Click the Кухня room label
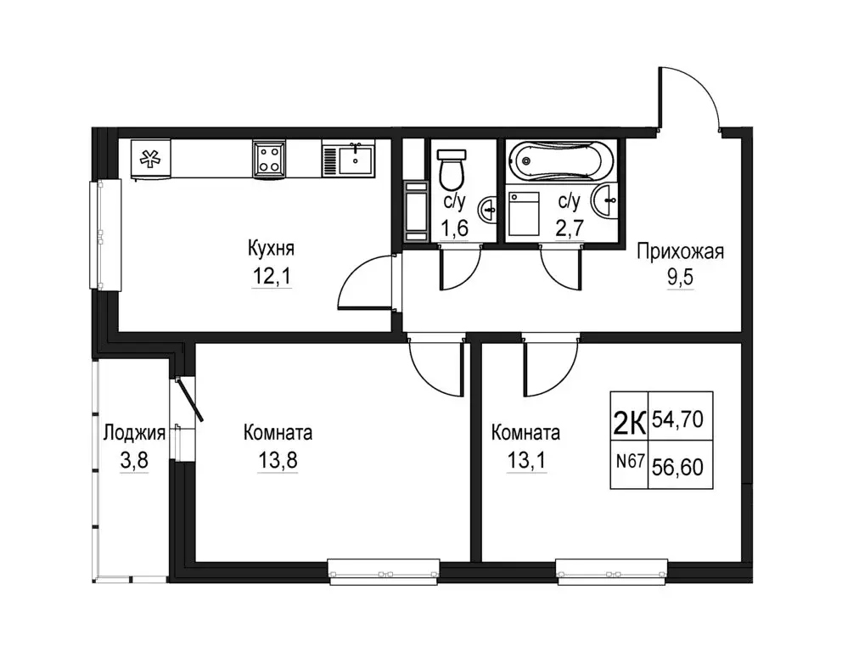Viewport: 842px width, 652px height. pos(271,249)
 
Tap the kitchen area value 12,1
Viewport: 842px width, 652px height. pos(272,276)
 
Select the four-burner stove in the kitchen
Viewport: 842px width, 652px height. pos(269,159)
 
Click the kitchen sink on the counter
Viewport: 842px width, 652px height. pos(349,158)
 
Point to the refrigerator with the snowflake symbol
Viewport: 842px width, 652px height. pos(151,159)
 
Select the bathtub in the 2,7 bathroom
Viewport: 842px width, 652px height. pos(560,160)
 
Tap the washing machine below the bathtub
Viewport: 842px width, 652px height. pos(524,214)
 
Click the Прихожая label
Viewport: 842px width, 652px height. pos(681,251)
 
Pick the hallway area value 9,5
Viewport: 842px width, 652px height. pos(681,277)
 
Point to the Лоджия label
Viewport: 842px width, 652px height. pos(134,432)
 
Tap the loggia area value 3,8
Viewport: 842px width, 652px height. pos(134,460)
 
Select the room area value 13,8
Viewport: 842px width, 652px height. pos(278,460)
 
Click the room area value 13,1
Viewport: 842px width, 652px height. pos(526,460)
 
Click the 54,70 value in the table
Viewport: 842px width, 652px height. pos(677,419)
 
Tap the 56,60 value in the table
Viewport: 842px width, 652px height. pos(677,467)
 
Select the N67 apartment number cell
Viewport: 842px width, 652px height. pos(630,461)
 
